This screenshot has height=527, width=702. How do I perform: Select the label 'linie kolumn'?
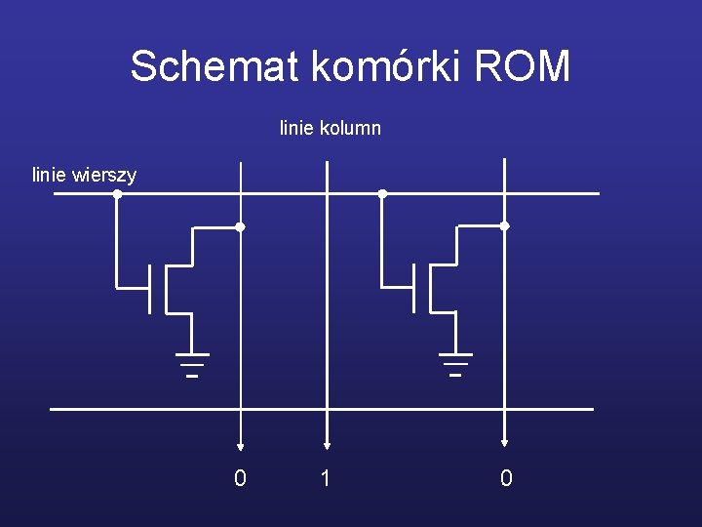point(330,128)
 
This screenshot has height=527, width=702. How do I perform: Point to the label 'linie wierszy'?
point(84,176)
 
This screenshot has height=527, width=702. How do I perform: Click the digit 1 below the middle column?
point(327,478)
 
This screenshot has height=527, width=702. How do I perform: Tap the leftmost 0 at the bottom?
point(240,478)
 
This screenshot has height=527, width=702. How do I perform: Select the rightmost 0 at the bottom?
point(505,478)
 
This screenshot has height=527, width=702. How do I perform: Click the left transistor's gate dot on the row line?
point(117,193)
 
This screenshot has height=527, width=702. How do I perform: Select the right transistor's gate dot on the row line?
point(382,193)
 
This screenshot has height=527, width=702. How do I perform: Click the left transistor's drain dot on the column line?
point(240,226)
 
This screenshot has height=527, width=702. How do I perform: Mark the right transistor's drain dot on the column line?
point(504,225)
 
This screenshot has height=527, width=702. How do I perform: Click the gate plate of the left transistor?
point(149,288)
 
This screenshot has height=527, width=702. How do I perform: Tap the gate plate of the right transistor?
point(413,288)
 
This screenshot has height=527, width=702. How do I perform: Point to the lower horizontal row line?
point(322,409)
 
